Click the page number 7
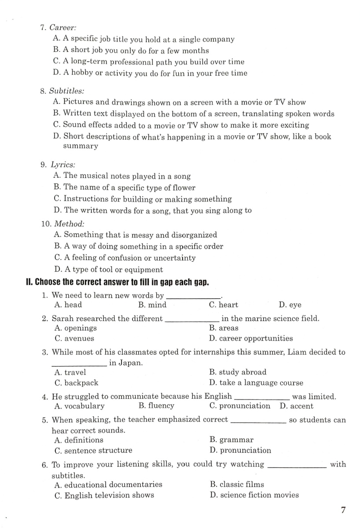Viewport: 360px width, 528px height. pyautogui.click(x=343, y=510)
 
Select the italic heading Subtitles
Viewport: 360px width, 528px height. pyautogui.click(x=67, y=91)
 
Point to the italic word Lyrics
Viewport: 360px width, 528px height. pyautogui.click(x=63, y=165)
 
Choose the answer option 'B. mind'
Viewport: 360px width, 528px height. pyautogui.click(x=152, y=305)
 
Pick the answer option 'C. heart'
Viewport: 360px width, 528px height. pyautogui.click(x=224, y=305)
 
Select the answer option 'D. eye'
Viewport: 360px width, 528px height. pyautogui.click(x=290, y=305)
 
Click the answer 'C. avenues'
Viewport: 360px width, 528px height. pyautogui.click(x=74, y=338)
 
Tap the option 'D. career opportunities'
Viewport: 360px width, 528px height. pyautogui.click(x=251, y=338)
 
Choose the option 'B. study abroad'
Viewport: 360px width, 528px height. pyautogui.click(x=238, y=372)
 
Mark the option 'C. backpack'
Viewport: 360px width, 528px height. pyautogui.click(x=76, y=383)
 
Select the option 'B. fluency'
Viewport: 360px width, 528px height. pyautogui.click(x=156, y=406)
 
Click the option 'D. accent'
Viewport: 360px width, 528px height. pyautogui.click(x=296, y=406)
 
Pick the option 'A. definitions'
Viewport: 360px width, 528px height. pyautogui.click(x=78, y=440)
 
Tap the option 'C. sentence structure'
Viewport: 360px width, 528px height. pyautogui.click(x=93, y=450)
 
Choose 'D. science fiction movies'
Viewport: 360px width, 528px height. pyautogui.click(x=254, y=495)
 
